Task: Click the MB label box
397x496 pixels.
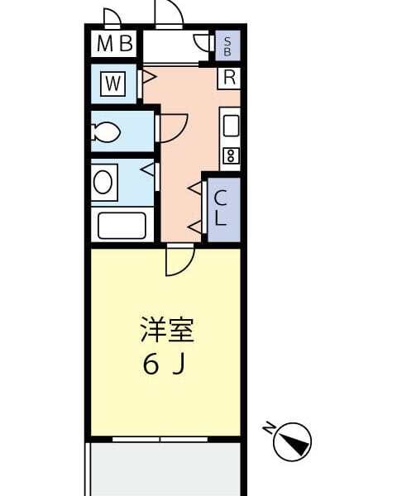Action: (114, 44)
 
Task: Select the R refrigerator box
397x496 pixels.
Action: (229, 78)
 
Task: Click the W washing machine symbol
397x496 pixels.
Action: (113, 83)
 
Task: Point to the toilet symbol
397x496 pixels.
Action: (107, 131)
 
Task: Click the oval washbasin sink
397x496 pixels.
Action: (104, 182)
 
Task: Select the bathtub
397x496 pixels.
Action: (122, 225)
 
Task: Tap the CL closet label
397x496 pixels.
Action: (222, 209)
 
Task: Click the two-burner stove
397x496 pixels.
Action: (231, 155)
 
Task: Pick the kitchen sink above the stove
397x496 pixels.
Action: (231, 126)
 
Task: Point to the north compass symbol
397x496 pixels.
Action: (292, 441)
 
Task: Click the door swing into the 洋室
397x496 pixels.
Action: (179, 260)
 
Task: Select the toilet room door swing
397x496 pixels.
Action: (172, 128)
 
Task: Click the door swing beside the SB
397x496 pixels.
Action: (203, 44)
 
